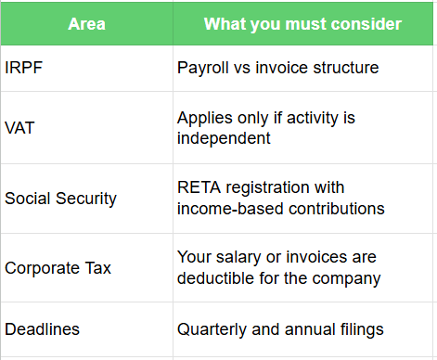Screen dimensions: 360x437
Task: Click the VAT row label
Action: [x=19, y=129]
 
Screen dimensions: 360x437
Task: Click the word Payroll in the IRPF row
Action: [x=202, y=67]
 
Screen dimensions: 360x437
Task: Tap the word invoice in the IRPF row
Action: [x=283, y=67]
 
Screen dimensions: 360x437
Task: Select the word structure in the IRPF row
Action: [x=346, y=67]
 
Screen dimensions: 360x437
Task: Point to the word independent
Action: [x=224, y=139]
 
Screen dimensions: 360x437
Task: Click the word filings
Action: [x=356, y=329]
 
